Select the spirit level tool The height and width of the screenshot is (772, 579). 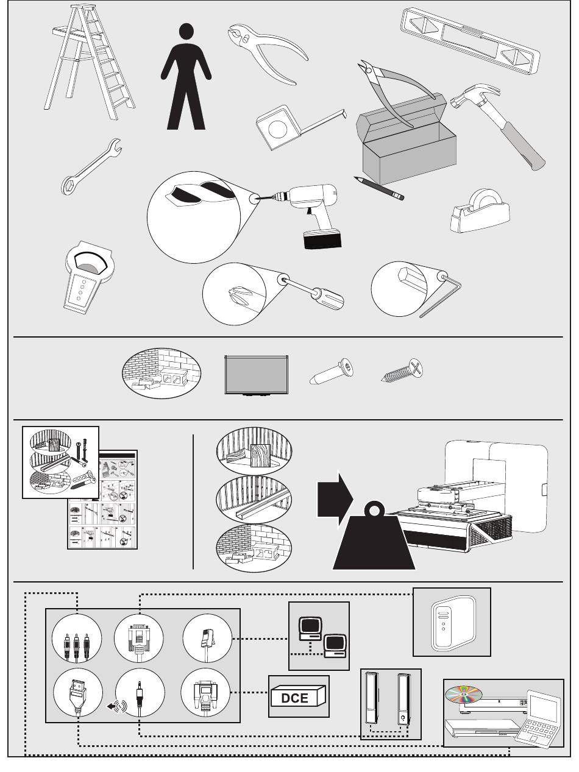470,41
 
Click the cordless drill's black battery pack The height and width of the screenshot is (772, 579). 322,239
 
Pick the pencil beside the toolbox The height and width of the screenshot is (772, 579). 379,188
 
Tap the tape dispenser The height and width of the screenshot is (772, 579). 480,211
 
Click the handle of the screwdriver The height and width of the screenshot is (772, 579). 328,298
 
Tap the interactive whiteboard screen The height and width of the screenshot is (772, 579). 256,375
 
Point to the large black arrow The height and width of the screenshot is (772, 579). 335,500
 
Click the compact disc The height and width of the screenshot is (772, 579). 463,693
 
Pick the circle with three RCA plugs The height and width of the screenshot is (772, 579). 77,639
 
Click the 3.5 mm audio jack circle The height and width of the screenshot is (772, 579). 140,693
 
